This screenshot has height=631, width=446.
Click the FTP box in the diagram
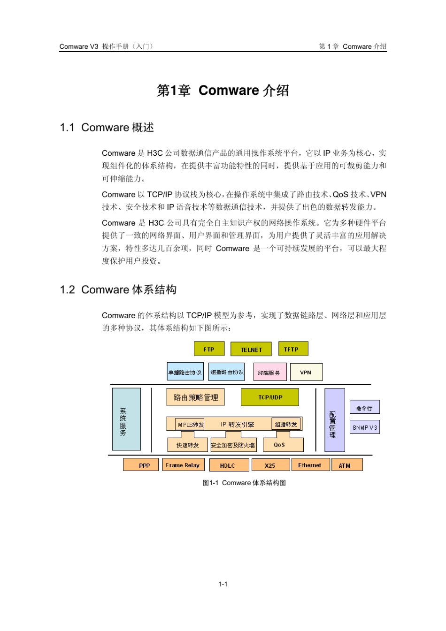[209, 349]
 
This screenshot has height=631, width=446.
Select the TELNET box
[251, 350]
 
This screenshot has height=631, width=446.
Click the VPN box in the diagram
[306, 373]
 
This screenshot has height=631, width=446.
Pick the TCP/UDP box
[270, 397]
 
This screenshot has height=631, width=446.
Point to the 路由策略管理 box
[195, 397]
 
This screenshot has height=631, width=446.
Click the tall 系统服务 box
[126, 419]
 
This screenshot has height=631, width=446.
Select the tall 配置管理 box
[334, 420]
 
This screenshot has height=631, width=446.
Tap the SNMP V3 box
[364, 427]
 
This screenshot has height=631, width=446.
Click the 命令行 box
[364, 408]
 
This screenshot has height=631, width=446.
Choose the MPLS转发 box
[190, 425]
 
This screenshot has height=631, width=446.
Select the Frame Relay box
[183, 465]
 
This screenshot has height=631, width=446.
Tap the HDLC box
[228, 465]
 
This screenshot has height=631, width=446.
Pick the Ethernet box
[309, 465]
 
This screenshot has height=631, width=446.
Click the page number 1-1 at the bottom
[223, 584]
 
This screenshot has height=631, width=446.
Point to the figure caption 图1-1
[210, 483]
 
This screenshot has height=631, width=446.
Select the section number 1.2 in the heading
[68, 290]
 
